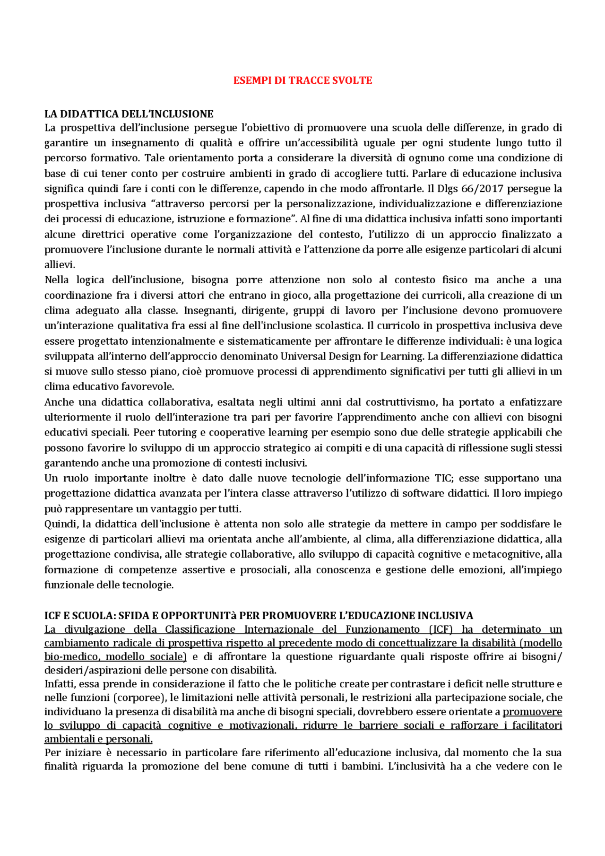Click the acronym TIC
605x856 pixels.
(x=443, y=478)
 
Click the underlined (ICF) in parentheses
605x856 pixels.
(x=441, y=629)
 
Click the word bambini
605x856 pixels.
(x=358, y=766)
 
